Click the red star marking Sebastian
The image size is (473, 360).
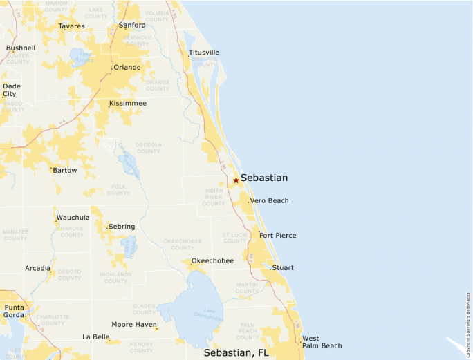pyautogui.click(x=236, y=180)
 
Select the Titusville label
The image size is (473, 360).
pyautogui.click(x=204, y=53)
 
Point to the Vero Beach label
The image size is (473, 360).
pyautogui.click(x=269, y=200)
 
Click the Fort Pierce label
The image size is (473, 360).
pyautogui.click(x=277, y=236)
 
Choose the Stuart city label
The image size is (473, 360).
pyautogui.click(x=283, y=267)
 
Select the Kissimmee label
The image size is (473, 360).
pyautogui.click(x=128, y=103)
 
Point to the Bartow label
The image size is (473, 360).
pyautogui.click(x=65, y=170)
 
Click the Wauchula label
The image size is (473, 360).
pyautogui.click(x=73, y=218)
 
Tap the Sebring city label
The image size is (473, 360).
pyautogui.click(x=122, y=227)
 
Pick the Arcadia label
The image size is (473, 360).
pyautogui.click(x=37, y=268)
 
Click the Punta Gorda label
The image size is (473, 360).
pyautogui.click(x=14, y=311)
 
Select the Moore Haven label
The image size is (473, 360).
pyautogui.click(x=134, y=324)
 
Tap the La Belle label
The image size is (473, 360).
pyautogui.click(x=96, y=337)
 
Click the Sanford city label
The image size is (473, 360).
pyautogui.click(x=132, y=26)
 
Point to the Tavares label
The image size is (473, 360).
pyautogui.click(x=71, y=26)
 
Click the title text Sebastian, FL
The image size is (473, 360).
pyautogui.click(x=236, y=352)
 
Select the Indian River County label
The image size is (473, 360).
pyautogui.click(x=214, y=197)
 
